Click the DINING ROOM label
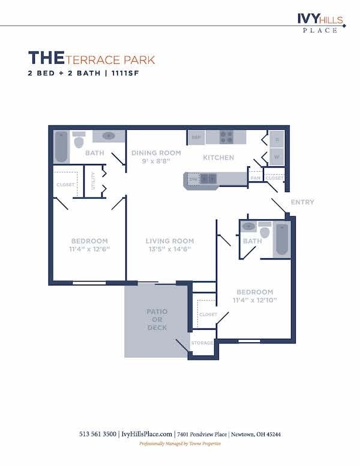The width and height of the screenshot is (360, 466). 156,153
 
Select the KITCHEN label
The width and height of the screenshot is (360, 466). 218,158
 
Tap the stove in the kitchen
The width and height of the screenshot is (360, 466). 226,137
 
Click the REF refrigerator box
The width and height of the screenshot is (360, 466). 196,138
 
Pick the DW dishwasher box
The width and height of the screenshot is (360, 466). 193,178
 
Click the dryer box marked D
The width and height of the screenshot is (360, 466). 277,139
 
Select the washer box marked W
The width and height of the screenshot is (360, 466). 277,157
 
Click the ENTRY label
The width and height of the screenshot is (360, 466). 302,202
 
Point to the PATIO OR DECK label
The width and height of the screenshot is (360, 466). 157,319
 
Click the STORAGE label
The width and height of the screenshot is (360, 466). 202,343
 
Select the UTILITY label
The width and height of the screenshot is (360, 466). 94,181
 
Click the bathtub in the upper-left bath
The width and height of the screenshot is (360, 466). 61,147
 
